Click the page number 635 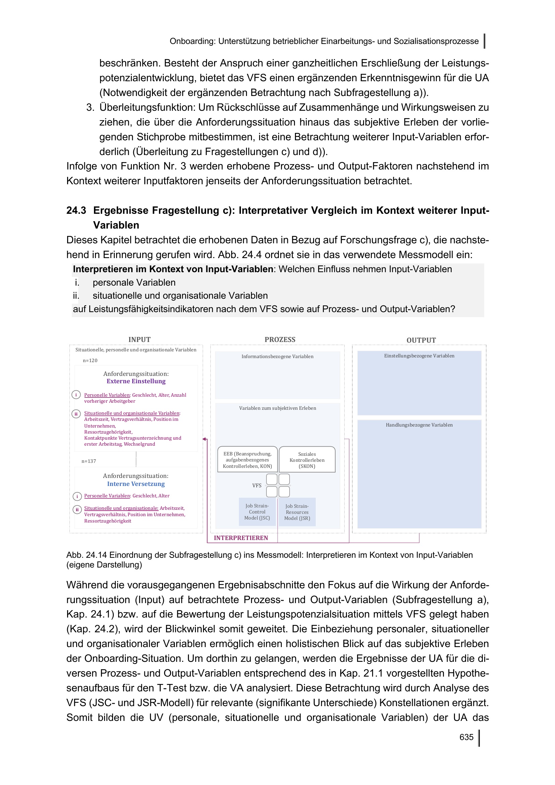466,737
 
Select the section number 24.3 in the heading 76,210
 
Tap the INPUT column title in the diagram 140,340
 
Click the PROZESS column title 280,340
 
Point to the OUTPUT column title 421,340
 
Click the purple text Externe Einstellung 136,381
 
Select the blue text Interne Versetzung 136,484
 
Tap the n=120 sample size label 90,360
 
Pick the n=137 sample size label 89,461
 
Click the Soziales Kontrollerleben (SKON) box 307,460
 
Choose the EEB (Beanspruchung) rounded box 247,460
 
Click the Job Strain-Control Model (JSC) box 257,512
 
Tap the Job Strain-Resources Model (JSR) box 297,512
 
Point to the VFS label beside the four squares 257,486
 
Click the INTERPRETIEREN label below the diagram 241,538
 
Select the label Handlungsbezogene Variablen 419,425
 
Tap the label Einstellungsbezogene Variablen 419,356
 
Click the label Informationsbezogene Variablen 277,357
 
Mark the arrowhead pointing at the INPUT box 204,439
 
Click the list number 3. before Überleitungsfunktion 90,107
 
